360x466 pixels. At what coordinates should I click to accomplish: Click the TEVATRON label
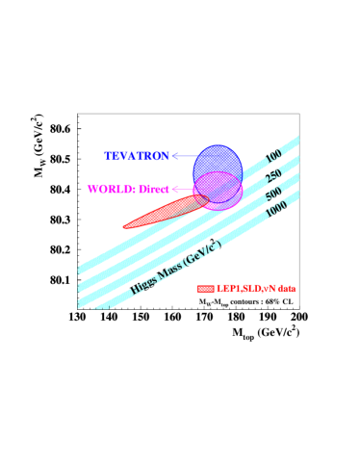click(x=137, y=156)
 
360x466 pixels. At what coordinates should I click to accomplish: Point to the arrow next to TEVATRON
click(x=182, y=156)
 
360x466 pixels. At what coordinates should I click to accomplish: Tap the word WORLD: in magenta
click(x=112, y=190)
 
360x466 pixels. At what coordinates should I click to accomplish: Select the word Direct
click(x=154, y=190)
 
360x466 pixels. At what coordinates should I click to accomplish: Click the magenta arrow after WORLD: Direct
click(x=180, y=190)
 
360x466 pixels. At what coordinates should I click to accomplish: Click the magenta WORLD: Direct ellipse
click(x=219, y=191)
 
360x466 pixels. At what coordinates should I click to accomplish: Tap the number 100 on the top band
click(x=274, y=157)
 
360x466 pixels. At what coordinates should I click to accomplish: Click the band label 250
click(x=274, y=176)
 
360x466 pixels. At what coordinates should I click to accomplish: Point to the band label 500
click(x=274, y=194)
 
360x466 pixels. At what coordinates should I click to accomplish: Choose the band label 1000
click(x=276, y=210)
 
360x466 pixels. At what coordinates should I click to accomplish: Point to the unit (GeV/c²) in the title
click(x=202, y=252)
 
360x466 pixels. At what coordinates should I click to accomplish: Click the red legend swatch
click(x=205, y=288)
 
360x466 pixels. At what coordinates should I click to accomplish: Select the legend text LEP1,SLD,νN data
click(x=256, y=288)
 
